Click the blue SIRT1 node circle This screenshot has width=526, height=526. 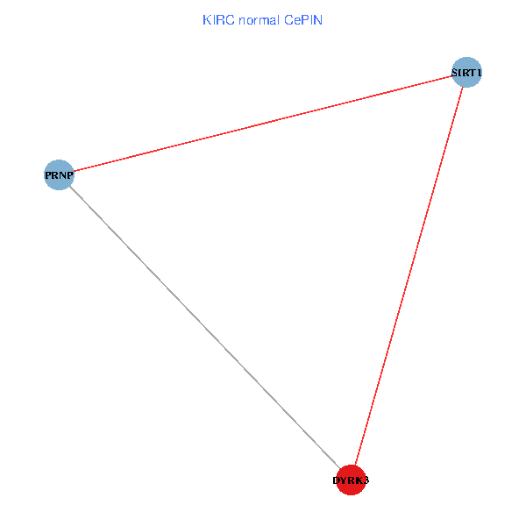pos(466,72)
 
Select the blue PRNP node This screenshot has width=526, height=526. pos(59,174)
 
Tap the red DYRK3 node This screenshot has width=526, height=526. pos(351,480)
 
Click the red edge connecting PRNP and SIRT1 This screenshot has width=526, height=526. pos(263,124)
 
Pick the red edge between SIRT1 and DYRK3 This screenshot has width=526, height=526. pos(409,276)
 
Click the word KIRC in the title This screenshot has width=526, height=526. pos(218,19)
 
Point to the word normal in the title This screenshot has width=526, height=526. pos(259,19)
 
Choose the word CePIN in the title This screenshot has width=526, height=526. pos(303,19)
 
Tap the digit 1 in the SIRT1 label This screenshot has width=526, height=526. pos(480,72)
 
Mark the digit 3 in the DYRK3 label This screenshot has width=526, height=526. pos(366,480)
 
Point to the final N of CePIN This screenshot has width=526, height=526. pos(319,19)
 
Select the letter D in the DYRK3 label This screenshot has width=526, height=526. pos(337,480)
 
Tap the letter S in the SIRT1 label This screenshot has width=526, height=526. pos(455,72)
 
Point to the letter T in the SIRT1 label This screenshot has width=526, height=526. pos(473,72)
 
